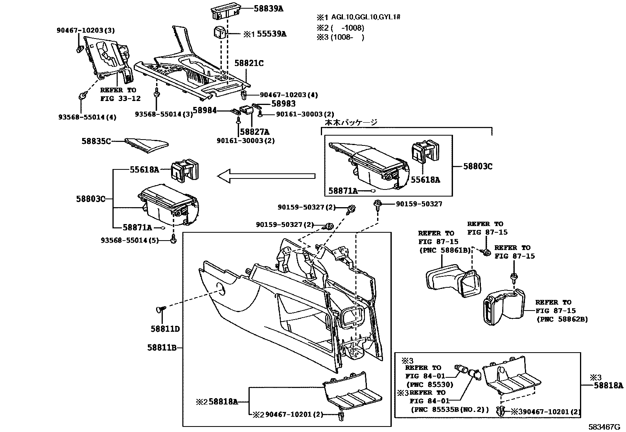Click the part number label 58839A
point(267,8)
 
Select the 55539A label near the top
point(271,34)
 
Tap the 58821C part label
point(249,63)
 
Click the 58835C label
point(96,141)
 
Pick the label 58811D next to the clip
point(165,329)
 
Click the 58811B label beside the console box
point(162,347)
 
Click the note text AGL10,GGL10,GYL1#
point(365,17)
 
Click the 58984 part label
point(204,110)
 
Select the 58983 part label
point(283,104)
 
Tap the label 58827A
point(254,131)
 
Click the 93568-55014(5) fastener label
point(130,240)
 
